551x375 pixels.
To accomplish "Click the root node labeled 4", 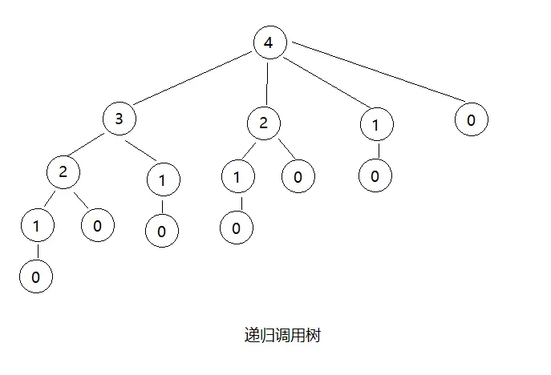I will pyautogui.click(x=268, y=43).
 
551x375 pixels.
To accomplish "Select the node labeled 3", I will pyautogui.click(x=119, y=120).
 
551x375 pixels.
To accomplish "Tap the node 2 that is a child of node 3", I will pyautogui.click(x=63, y=171).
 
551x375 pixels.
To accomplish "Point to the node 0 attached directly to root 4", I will pyautogui.click(x=471, y=120).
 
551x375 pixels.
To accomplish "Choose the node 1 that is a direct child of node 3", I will pyautogui.click(x=163, y=180).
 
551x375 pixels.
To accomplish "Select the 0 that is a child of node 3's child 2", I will pyautogui.click(x=97, y=225).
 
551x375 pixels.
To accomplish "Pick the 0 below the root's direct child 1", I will pyautogui.click(x=375, y=175).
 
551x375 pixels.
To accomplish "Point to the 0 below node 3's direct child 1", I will pyautogui.click(x=161, y=231).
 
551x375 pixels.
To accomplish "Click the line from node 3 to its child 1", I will pyautogui.click(x=141, y=150).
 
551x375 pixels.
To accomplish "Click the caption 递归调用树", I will pyautogui.click(x=282, y=336).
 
